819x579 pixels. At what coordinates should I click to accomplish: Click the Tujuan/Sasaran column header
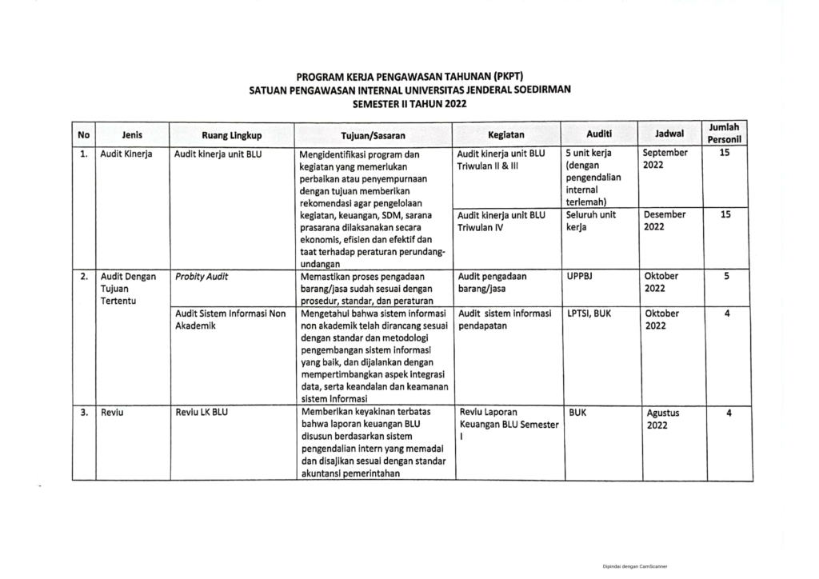click(x=373, y=135)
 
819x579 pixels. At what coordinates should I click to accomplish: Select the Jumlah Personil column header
click(x=723, y=133)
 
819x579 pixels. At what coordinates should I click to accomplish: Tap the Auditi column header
click(x=599, y=134)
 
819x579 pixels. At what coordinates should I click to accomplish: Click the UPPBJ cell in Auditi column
click(x=582, y=276)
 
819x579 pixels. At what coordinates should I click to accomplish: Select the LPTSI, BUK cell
click(x=589, y=313)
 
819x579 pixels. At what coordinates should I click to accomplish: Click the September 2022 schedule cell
click(x=665, y=158)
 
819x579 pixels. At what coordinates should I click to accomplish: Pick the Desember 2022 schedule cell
click(x=665, y=221)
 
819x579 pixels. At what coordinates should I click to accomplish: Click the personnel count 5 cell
click(x=726, y=276)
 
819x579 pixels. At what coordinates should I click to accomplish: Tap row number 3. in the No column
click(x=83, y=413)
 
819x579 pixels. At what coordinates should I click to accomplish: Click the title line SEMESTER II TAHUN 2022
click(x=409, y=104)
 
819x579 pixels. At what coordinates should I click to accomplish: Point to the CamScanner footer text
click(x=636, y=565)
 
